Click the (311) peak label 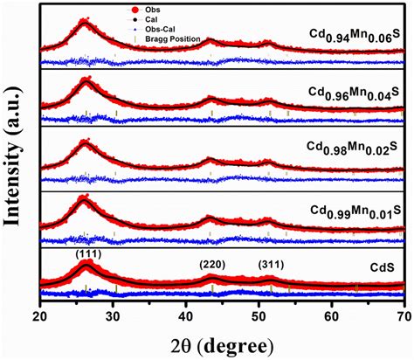272,262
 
